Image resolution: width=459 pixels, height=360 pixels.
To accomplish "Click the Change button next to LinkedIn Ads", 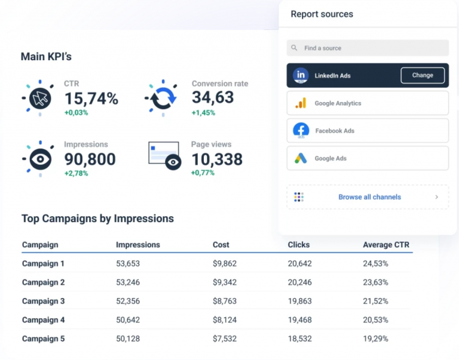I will (x=422, y=75).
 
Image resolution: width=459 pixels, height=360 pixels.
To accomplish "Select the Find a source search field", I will (x=368, y=48).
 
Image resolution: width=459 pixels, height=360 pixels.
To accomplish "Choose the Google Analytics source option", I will (x=368, y=103).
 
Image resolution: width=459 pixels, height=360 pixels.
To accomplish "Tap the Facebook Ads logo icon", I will (x=301, y=130).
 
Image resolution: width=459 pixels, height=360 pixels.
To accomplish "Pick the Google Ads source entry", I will (x=368, y=158).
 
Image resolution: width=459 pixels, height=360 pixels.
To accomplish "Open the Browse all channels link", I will (x=369, y=197).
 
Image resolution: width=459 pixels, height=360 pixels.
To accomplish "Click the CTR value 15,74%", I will (x=91, y=99).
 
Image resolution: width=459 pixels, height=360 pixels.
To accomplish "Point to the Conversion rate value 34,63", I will (x=212, y=99).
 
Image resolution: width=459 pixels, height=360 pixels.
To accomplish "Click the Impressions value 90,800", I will (x=90, y=159).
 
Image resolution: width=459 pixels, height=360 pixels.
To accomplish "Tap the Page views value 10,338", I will (x=217, y=159).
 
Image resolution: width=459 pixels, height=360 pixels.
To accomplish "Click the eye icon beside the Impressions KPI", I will (x=40, y=158).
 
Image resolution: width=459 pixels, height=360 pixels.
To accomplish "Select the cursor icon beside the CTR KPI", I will (x=40, y=97).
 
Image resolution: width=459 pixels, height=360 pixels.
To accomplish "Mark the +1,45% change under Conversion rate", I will (x=203, y=113).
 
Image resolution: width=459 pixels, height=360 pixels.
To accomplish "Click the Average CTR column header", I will (x=385, y=245).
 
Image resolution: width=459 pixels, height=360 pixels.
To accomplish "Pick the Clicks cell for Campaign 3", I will (x=299, y=301).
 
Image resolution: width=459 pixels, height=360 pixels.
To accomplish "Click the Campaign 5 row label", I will (x=43, y=339).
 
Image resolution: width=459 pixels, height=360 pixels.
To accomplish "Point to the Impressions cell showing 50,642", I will (x=128, y=320).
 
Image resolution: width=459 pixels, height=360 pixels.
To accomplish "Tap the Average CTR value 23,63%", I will (x=375, y=282).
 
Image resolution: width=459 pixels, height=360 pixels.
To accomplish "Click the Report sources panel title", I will (x=322, y=14).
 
